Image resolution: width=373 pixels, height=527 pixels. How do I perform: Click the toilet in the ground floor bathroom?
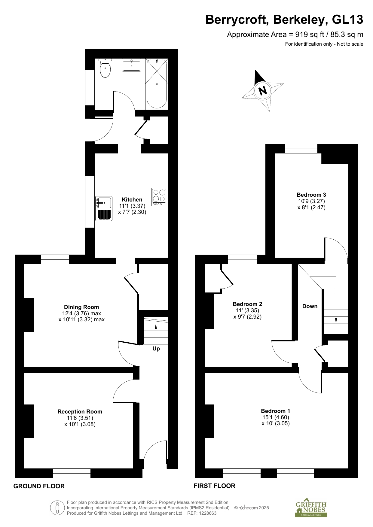tap(105, 68)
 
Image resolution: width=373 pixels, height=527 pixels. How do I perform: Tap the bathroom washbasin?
tap(131, 65)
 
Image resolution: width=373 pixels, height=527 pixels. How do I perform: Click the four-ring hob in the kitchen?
tap(159, 197)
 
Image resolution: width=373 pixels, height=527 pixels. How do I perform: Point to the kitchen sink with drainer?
tap(104, 209)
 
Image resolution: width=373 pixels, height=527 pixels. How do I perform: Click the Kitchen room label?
tap(132, 200)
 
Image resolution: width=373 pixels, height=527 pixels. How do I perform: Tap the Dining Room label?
tap(81, 307)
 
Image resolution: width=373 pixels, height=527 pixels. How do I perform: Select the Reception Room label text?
tap(80, 412)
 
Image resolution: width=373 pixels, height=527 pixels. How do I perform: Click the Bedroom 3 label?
tap(311, 195)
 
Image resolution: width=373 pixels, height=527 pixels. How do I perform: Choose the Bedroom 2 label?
tap(248, 304)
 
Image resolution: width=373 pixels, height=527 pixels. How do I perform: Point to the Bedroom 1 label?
tap(276, 411)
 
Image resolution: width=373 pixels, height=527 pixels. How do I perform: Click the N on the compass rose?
tap(263, 90)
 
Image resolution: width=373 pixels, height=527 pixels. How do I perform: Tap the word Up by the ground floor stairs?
tap(156, 349)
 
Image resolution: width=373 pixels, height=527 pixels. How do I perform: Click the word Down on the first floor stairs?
tap(310, 306)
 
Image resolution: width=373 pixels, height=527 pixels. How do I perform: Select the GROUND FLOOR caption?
tap(39, 486)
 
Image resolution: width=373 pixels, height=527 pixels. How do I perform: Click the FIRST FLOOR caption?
tap(215, 486)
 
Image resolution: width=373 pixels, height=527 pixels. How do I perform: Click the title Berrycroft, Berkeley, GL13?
tap(284, 20)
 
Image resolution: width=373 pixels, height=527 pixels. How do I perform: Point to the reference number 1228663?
tap(206, 513)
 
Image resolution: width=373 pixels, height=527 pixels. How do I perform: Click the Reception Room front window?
tap(72, 473)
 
